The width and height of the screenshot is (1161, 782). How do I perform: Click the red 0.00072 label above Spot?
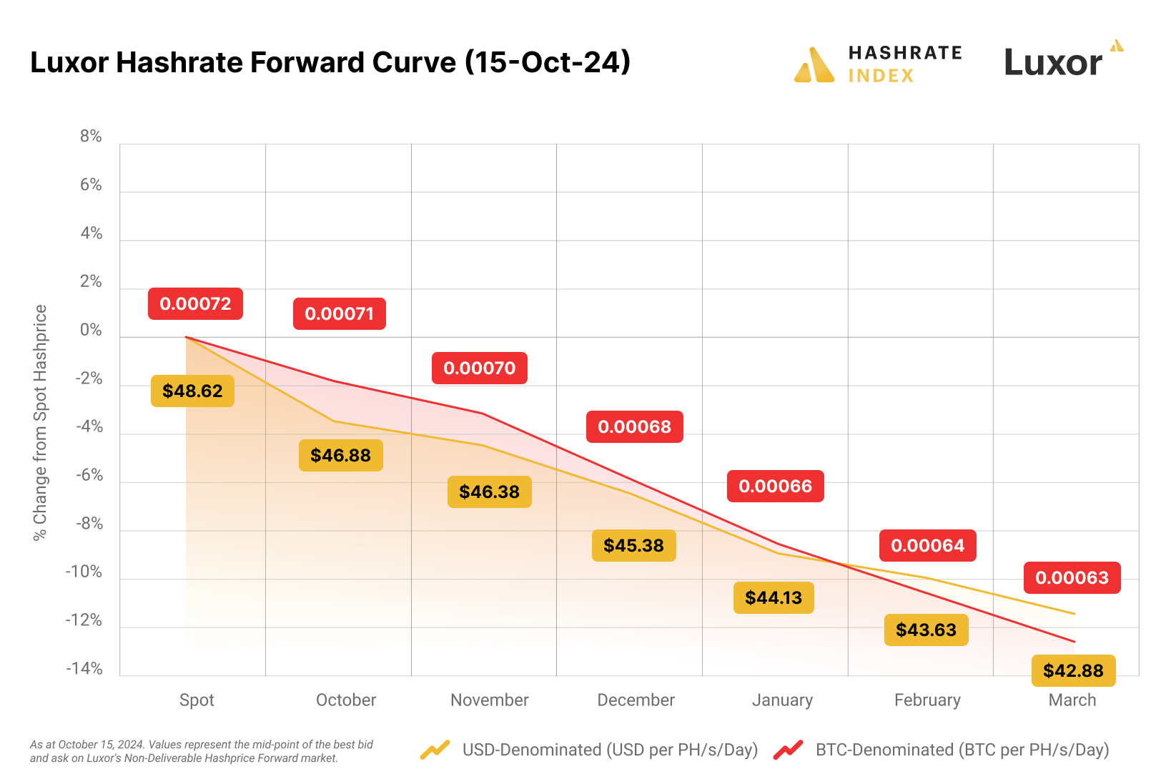(x=195, y=303)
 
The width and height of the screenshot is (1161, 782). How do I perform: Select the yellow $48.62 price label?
(x=192, y=391)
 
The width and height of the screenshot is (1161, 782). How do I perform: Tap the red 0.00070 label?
(x=479, y=368)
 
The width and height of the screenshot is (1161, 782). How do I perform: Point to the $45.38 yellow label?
(x=633, y=545)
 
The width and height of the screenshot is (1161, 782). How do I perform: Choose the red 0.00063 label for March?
(x=1072, y=577)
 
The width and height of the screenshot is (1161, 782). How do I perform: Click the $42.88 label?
(x=1073, y=670)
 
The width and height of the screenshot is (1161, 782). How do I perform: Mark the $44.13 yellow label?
(x=774, y=597)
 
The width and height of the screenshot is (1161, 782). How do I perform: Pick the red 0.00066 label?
(x=775, y=486)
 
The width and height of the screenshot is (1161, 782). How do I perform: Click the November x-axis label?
(x=489, y=700)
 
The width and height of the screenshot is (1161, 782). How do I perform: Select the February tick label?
(x=927, y=700)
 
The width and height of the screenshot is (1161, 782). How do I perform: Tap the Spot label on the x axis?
(x=197, y=700)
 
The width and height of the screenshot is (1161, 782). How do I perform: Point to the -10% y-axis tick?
(x=84, y=572)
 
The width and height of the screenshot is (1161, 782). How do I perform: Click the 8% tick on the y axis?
(x=91, y=136)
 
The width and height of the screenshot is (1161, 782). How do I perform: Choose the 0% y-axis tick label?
(x=91, y=330)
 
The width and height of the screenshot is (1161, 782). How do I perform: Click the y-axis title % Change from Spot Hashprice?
(x=40, y=422)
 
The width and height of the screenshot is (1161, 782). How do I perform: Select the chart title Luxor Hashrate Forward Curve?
(x=330, y=62)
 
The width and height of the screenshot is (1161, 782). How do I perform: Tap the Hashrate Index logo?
(x=879, y=64)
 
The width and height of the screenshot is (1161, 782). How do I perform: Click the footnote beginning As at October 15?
(x=202, y=751)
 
